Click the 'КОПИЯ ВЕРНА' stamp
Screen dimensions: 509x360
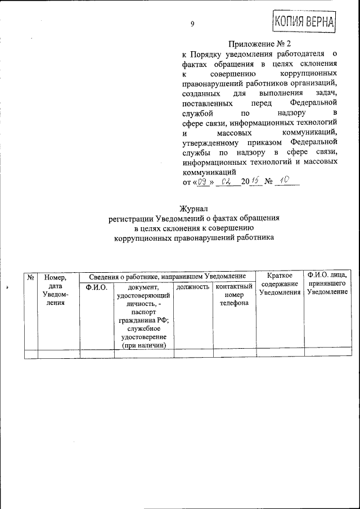[304, 22]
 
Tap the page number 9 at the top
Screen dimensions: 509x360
[192, 24]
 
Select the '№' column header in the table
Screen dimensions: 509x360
[31, 277]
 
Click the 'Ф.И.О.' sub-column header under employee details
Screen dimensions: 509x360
[96, 287]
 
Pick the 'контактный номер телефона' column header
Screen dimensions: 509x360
[233, 295]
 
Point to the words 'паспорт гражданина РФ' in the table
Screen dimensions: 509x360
[143, 316]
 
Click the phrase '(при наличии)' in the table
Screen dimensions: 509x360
[143, 345]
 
